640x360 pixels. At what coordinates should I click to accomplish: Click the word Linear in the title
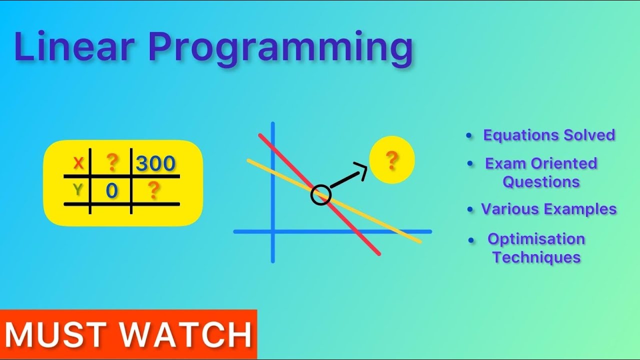coord(74,47)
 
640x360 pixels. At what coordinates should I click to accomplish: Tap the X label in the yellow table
coord(78,163)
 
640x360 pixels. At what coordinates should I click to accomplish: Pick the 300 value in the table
coord(155,163)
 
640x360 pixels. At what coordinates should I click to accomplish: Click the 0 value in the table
coord(111,191)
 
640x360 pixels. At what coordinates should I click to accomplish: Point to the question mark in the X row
coord(112,162)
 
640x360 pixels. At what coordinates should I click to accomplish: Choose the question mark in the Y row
coord(154,190)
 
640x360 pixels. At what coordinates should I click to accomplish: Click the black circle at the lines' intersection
coord(320,194)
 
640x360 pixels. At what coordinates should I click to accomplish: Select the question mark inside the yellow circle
coord(392,160)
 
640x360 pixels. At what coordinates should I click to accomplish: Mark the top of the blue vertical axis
coord(273,124)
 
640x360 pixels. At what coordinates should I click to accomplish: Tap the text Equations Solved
coord(548,135)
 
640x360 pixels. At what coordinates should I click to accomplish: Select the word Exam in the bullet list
coord(505,163)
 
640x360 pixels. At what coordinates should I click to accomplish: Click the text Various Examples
coord(548,209)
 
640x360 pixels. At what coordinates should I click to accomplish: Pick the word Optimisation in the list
coord(536,239)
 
